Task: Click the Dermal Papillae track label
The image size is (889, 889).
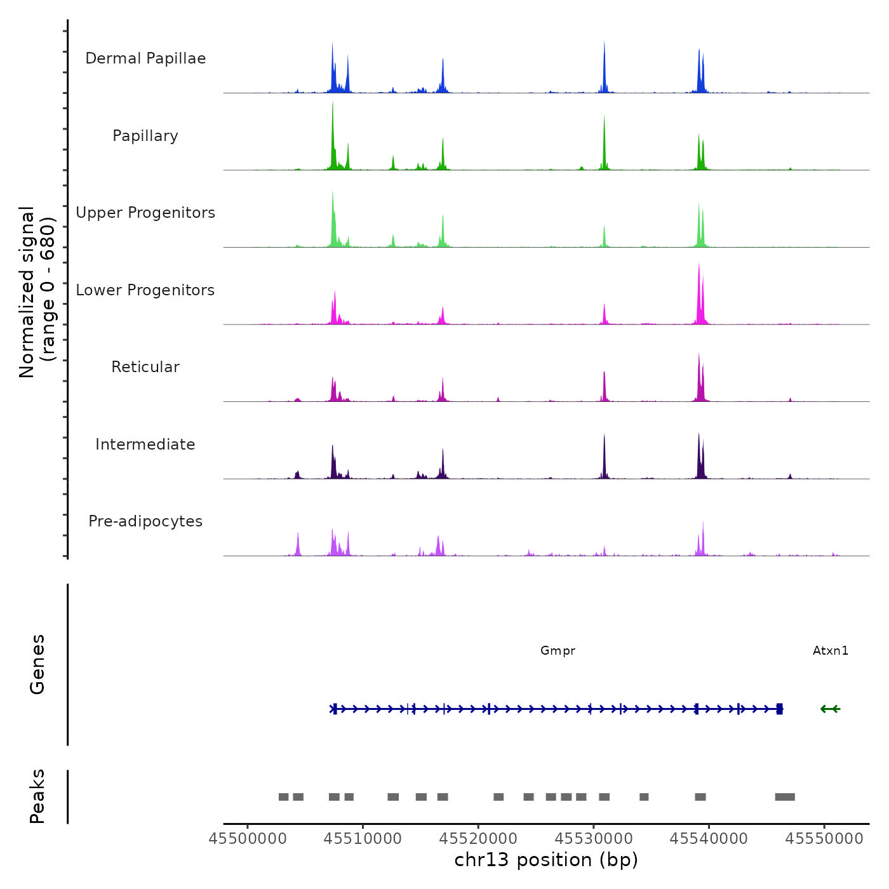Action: pos(145,58)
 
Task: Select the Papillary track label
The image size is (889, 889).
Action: pos(145,136)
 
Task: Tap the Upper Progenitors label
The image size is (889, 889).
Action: pos(145,213)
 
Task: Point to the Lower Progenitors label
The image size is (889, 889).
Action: pos(145,290)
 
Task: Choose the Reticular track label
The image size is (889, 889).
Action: pos(145,367)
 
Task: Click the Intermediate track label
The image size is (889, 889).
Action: pos(145,444)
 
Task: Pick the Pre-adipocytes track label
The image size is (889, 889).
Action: pos(145,521)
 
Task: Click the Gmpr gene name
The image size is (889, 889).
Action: pos(558,650)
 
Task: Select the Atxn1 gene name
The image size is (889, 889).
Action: pos(831,650)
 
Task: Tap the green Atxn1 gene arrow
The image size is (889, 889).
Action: pos(830,709)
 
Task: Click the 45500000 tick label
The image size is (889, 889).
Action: pos(248,839)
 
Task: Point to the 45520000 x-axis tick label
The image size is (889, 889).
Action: pos(479,839)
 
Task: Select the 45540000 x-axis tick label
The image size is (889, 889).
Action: pos(709,839)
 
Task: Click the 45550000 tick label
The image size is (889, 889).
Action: pos(824,839)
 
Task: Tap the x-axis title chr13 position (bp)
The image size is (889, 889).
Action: pos(546,860)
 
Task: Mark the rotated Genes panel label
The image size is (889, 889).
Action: pos(37,664)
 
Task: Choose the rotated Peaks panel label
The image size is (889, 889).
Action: pos(37,796)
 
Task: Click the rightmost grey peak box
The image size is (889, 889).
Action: pos(785,797)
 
